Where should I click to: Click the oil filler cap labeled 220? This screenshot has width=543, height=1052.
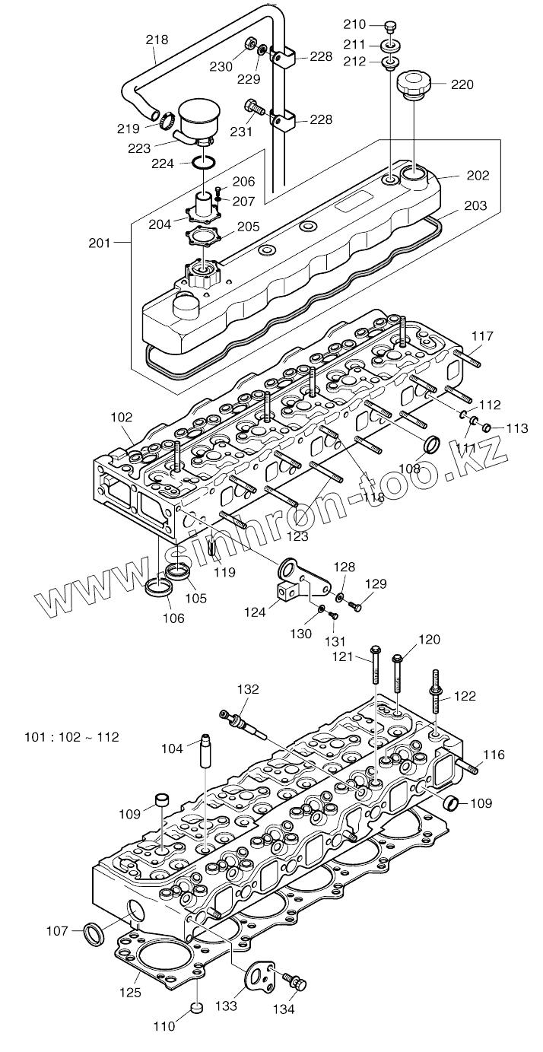[x=414, y=83]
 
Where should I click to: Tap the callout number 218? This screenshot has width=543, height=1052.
[x=157, y=40]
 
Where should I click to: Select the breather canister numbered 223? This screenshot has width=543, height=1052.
[x=196, y=122]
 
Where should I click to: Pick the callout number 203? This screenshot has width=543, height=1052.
[x=475, y=206]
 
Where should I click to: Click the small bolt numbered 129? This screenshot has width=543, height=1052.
[x=354, y=605]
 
